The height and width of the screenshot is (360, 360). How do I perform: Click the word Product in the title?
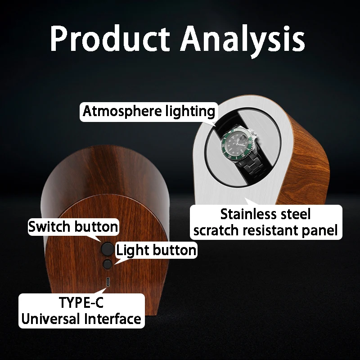coord(110,38)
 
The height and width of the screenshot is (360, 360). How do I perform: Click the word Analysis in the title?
coord(243,41)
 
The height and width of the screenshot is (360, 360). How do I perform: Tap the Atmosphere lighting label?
coord(149,112)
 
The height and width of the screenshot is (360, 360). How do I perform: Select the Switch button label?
coord(73,227)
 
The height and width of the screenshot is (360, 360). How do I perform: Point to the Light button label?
coord(156,250)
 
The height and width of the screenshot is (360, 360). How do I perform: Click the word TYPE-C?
coord(81,302)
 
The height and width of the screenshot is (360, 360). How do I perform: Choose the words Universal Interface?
coord(81,319)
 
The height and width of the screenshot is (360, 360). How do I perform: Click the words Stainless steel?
coord(265,214)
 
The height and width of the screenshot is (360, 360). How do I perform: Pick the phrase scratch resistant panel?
coord(265,230)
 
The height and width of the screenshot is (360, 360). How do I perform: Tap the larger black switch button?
coord(108,249)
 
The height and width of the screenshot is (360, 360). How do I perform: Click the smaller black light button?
coord(107,264)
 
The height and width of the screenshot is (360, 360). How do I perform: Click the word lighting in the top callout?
coord(190,112)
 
